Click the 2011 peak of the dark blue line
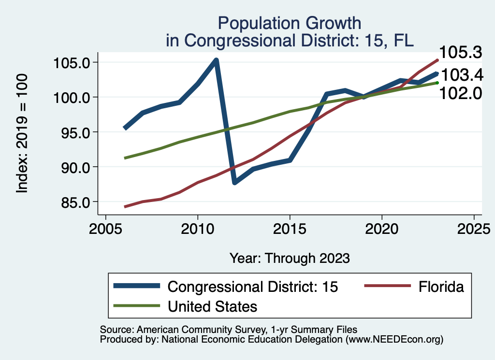[216, 60]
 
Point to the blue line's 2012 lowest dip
[234, 183]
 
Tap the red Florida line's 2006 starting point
[125, 206]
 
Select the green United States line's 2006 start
[125, 158]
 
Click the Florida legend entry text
[441, 287]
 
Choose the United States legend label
[212, 306]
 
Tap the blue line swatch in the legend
[136, 287]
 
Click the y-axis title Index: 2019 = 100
[22, 133]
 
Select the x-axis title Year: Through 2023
[289, 258]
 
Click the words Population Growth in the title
[289, 23]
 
